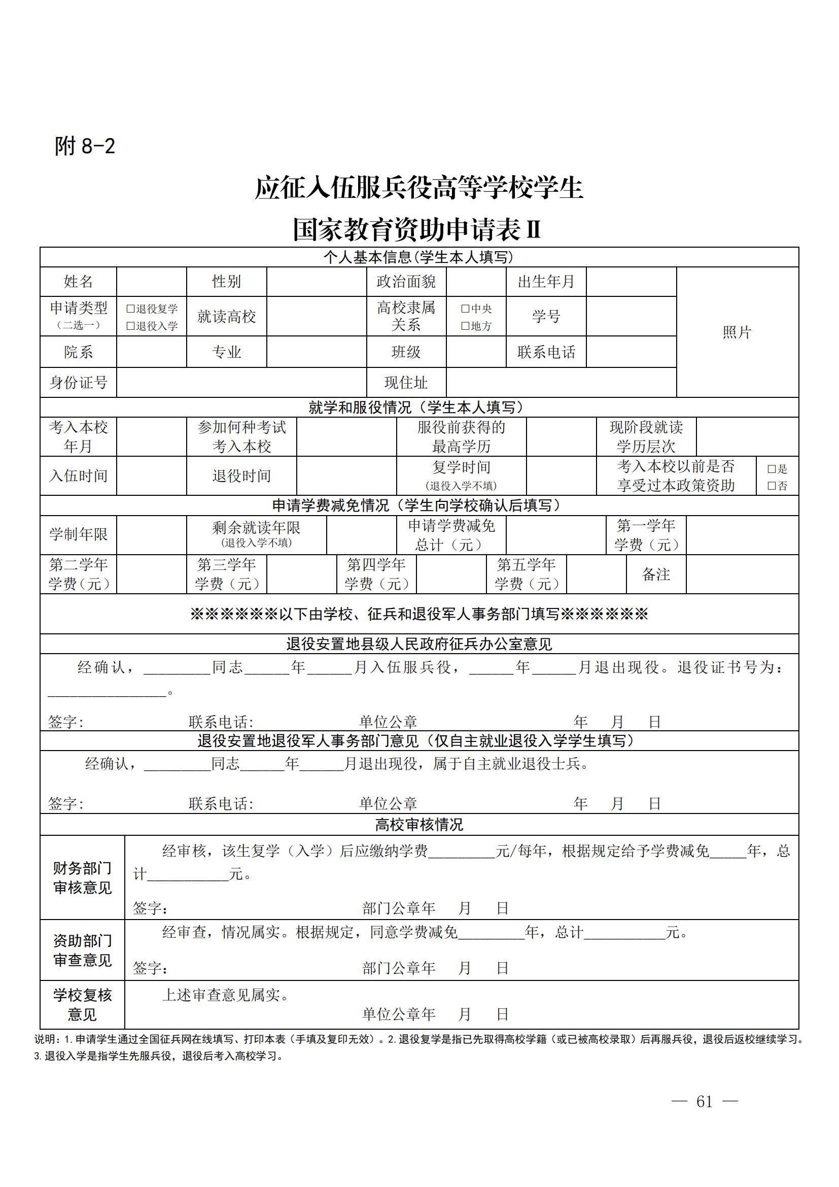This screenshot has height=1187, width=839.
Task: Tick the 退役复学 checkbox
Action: tap(131, 309)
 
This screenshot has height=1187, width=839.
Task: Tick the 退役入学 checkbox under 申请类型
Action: tap(131, 326)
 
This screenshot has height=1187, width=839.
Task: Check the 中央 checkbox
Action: tap(466, 309)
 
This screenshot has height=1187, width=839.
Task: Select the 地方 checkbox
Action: tap(466, 326)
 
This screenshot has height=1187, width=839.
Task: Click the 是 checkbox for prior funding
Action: tap(772, 469)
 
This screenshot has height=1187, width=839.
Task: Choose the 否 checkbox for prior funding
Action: tap(772, 486)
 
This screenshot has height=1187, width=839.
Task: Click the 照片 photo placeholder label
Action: tap(737, 332)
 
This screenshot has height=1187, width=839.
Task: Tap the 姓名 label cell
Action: tap(79, 281)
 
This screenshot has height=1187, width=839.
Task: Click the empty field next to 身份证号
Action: tap(241, 383)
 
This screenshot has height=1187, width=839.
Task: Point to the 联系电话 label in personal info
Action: tap(546, 352)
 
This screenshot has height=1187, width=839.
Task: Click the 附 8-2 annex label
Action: tap(85, 146)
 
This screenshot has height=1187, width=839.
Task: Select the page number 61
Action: tap(704, 1102)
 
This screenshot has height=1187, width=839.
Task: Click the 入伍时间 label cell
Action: tap(79, 476)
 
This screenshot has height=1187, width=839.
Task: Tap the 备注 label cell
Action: tap(655, 574)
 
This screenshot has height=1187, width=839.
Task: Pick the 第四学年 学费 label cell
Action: tap(376, 574)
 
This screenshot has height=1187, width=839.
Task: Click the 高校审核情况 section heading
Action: tap(419, 825)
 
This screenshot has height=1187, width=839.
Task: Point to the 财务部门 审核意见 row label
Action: tap(83, 878)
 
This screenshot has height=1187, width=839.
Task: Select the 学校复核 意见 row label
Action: tap(83, 1004)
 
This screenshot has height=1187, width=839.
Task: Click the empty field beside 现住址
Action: tap(561, 383)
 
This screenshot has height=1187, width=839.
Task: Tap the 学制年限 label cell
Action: tap(79, 534)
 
